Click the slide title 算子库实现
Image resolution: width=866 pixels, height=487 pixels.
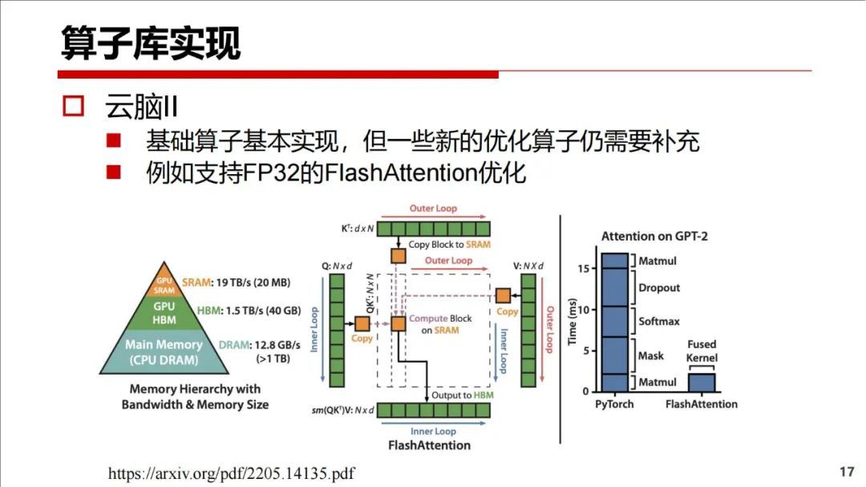pyautogui.click(x=151, y=43)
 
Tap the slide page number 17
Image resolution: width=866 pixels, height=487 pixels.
pyautogui.click(x=847, y=472)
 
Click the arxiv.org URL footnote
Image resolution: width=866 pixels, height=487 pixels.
pyautogui.click(x=231, y=473)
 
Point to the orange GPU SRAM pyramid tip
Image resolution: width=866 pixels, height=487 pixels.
pyautogui.click(x=164, y=284)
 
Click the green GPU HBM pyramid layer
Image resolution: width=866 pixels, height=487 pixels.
pyautogui.click(x=164, y=313)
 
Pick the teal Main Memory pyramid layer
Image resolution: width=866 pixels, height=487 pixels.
pyautogui.click(x=164, y=352)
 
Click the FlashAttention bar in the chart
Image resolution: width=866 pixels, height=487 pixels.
pyautogui.click(x=701, y=382)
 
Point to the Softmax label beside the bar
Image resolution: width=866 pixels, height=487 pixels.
pyautogui.click(x=658, y=322)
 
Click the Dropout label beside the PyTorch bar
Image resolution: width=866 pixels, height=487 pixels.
pyautogui.click(x=658, y=288)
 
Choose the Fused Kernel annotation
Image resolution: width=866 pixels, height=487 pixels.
pyautogui.click(x=702, y=351)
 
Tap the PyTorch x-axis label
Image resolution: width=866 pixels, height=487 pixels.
pyautogui.click(x=614, y=404)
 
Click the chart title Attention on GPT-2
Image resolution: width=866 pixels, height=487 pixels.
pyautogui.click(x=654, y=237)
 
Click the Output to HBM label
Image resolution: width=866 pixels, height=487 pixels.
pyautogui.click(x=463, y=396)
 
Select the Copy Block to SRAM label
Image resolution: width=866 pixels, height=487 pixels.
pyautogui.click(x=449, y=245)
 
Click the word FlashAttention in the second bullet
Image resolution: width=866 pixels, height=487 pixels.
pyautogui.click(x=390, y=172)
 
